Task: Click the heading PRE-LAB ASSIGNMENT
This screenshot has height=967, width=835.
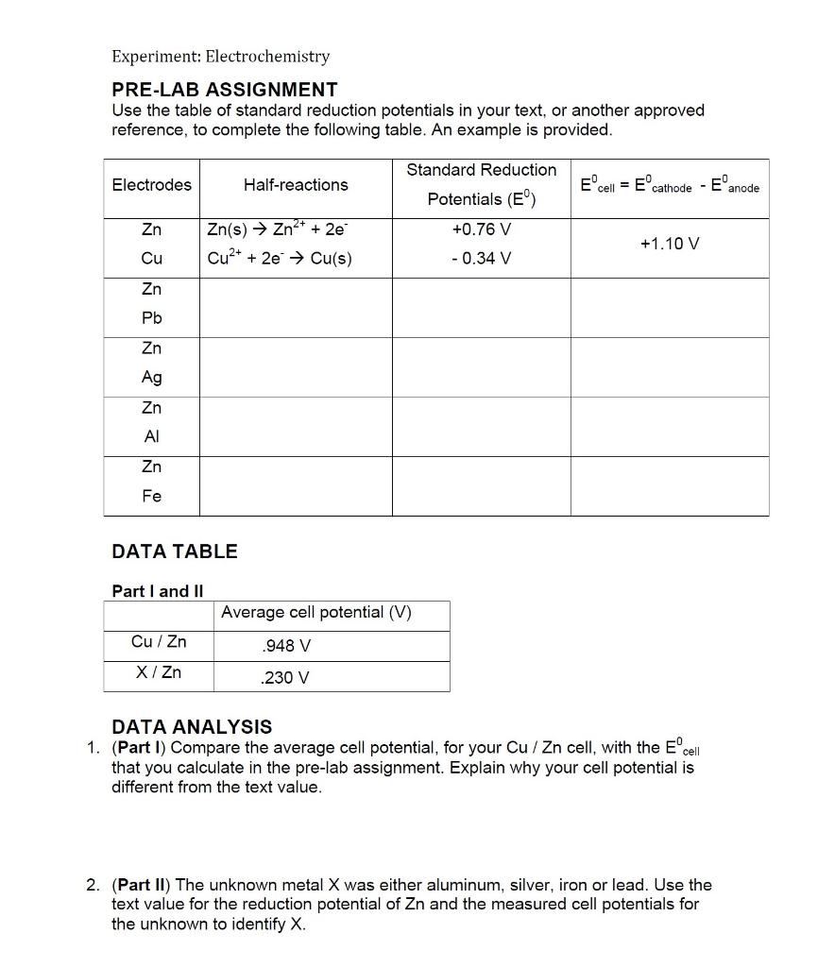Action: click(225, 90)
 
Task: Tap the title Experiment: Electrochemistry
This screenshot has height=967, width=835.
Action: click(221, 57)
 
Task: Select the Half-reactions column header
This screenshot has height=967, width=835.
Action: click(296, 185)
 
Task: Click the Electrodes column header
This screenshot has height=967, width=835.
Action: click(151, 185)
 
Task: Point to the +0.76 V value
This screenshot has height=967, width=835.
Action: click(482, 229)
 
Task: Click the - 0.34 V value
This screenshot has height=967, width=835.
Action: click(482, 258)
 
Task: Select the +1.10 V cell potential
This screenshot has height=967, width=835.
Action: click(670, 244)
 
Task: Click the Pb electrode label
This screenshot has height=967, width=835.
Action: click(151, 318)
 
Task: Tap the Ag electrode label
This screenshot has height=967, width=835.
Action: click(151, 377)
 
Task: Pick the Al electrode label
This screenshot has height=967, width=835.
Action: click(151, 436)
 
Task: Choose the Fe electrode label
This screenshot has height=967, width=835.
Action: click(151, 496)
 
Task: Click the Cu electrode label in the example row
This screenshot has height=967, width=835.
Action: click(151, 258)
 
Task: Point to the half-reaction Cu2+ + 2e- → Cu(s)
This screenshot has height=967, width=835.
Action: click(279, 258)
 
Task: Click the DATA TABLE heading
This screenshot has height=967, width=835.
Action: click(175, 551)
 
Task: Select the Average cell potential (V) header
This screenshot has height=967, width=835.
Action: click(316, 612)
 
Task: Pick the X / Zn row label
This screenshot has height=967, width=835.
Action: click(159, 672)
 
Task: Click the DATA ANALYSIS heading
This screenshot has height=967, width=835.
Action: click(192, 727)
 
